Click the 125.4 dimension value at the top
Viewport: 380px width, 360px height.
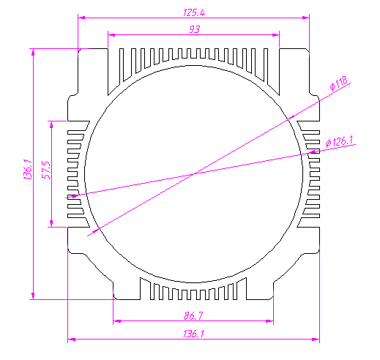[x=194, y=12]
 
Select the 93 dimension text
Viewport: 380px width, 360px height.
[x=195, y=29]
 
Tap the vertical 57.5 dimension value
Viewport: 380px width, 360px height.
[x=46, y=170]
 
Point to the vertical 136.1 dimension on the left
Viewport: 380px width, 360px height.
[x=28, y=170]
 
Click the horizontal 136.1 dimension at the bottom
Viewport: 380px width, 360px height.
[x=193, y=334]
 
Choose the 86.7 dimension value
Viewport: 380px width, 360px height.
[x=193, y=316]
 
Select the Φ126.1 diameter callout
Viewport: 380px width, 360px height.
[x=340, y=142]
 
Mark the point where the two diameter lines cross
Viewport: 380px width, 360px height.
[x=194, y=173]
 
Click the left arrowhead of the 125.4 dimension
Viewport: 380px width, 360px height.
[x=81, y=18]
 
